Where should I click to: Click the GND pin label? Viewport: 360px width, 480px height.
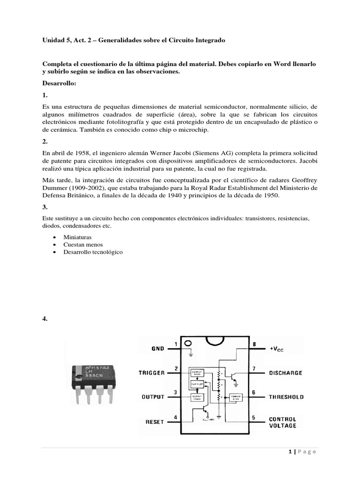pos(157,349)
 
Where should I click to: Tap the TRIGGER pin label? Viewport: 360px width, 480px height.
pos(151,373)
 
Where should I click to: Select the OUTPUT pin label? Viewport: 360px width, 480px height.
pos(153,397)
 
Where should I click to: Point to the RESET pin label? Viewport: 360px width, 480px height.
pos(155,421)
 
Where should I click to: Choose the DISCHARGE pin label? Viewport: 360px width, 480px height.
pos(285,373)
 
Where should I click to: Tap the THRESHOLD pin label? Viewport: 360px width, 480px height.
pos(286,397)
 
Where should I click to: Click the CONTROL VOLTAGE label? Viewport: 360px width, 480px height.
pos(282,422)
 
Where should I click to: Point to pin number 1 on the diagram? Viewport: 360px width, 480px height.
pos(176,344)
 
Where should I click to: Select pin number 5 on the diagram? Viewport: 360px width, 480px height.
pos(254,417)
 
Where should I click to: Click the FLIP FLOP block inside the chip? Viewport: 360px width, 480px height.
pos(196,384)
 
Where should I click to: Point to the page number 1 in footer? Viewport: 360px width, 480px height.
pos(291,451)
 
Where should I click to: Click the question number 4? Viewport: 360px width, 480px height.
pos(45,319)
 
